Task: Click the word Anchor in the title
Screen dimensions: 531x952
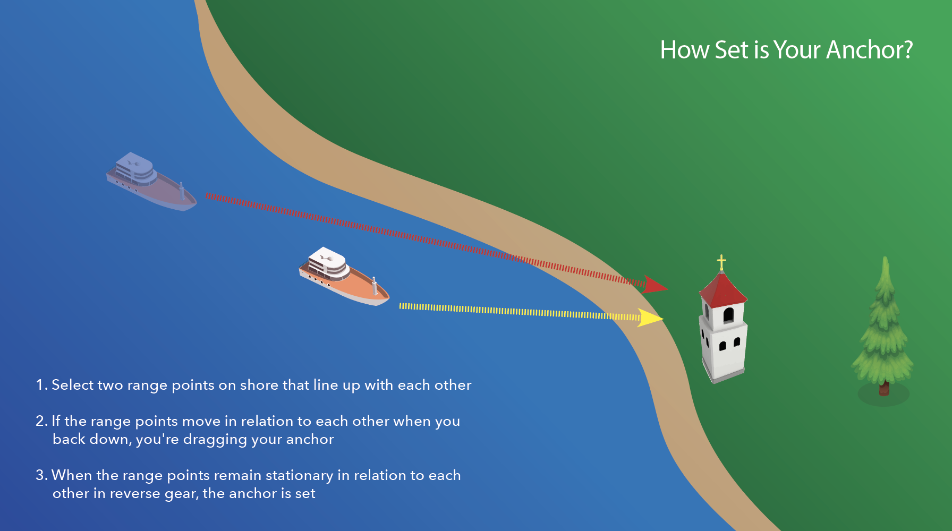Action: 869,50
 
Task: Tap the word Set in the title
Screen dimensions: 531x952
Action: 732,50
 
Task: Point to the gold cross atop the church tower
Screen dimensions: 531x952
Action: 721,262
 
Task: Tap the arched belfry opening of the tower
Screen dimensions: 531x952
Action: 728,315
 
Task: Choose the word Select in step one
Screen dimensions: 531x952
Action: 73,385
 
